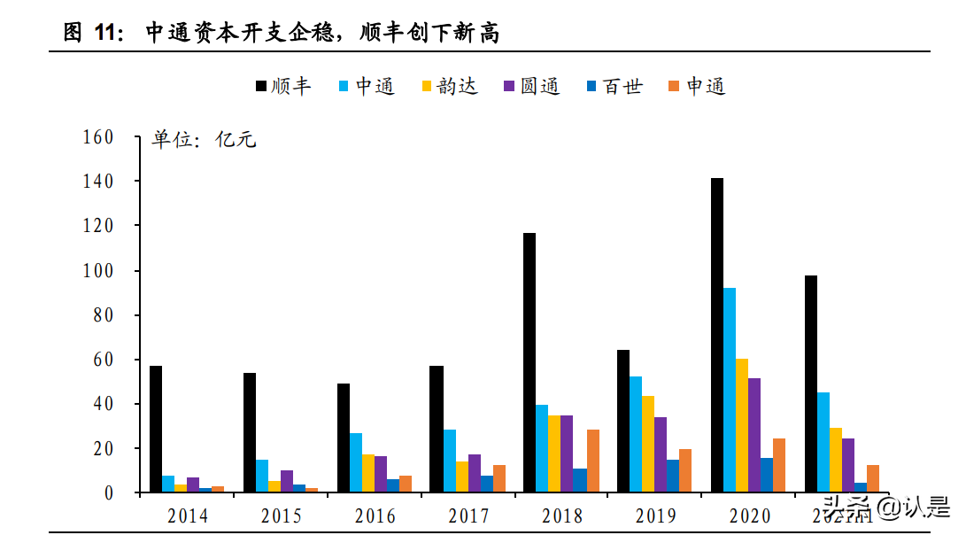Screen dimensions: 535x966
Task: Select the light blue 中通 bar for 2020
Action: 730,390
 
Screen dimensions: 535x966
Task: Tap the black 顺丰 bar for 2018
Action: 529,362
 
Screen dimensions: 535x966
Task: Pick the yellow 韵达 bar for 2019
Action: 648,444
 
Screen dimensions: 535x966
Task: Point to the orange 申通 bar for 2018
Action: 593,461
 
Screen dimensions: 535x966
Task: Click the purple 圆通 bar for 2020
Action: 754,435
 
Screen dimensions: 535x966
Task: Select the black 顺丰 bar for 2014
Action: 156,429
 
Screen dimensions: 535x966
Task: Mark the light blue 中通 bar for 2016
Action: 356,462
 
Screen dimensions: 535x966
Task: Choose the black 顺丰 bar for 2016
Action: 344,438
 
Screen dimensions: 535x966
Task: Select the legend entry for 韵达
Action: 449,86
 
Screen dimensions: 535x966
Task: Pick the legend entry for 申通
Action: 697,86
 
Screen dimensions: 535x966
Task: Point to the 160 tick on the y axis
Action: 97,137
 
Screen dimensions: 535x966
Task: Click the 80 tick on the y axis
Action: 103,315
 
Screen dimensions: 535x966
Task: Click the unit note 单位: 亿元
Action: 205,140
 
